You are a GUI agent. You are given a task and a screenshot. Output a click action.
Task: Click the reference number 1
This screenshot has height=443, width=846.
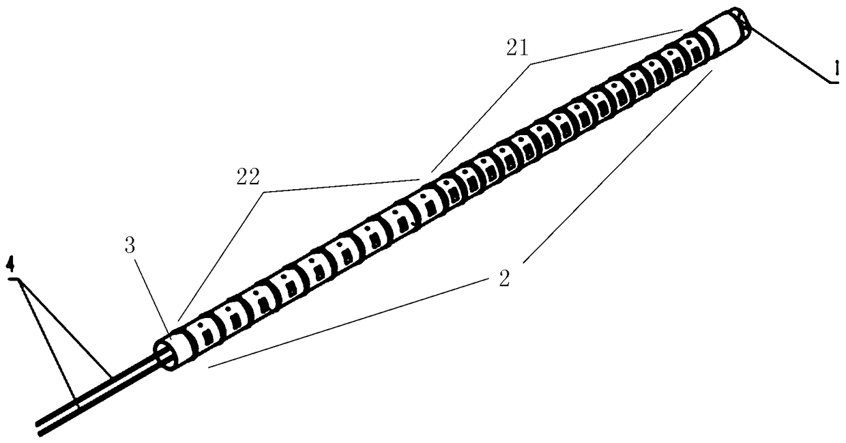[x=832, y=69]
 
